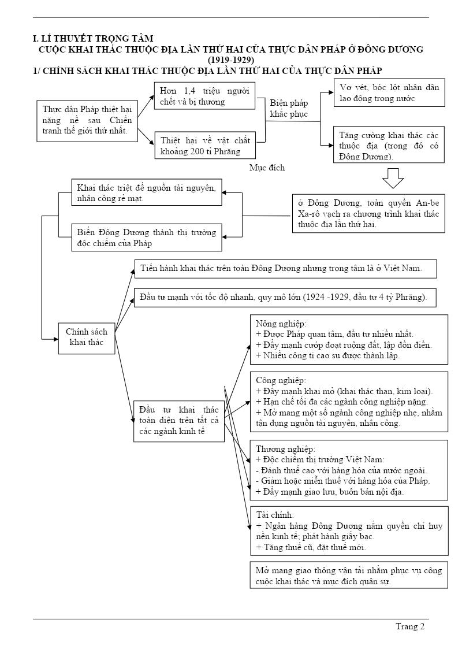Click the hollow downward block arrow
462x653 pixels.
pos(393,178)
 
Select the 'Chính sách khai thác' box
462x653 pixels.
pos(86,337)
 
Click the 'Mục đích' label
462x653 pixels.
pos(267,168)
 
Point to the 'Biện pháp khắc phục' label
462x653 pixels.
pos(289,109)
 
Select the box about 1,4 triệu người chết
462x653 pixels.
pos(204,96)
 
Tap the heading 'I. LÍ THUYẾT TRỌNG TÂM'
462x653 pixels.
pos(93,39)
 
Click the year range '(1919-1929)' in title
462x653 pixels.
pos(231,60)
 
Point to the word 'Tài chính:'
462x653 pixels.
pos(275,515)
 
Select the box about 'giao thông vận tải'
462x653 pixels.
pos(349,576)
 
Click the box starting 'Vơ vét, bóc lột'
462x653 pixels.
pos(389,92)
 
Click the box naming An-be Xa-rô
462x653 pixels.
pos(368,213)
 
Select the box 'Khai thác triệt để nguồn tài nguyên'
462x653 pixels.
pos(147,192)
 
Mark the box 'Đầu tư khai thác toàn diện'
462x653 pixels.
pos(179,421)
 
